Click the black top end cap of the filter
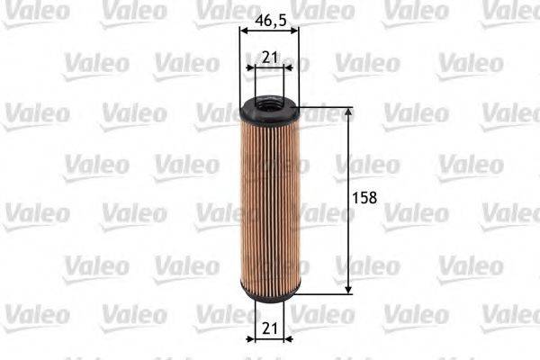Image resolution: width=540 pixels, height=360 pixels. click(x=269, y=112)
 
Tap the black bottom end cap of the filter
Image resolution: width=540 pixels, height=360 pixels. click(x=269, y=292)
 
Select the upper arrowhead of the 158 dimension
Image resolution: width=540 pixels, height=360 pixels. click(x=349, y=112)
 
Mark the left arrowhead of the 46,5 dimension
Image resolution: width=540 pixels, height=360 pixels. click(x=243, y=30)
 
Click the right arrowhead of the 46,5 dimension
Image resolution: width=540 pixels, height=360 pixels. click(x=295, y=30)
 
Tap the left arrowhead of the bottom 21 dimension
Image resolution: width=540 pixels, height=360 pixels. click(x=251, y=338)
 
